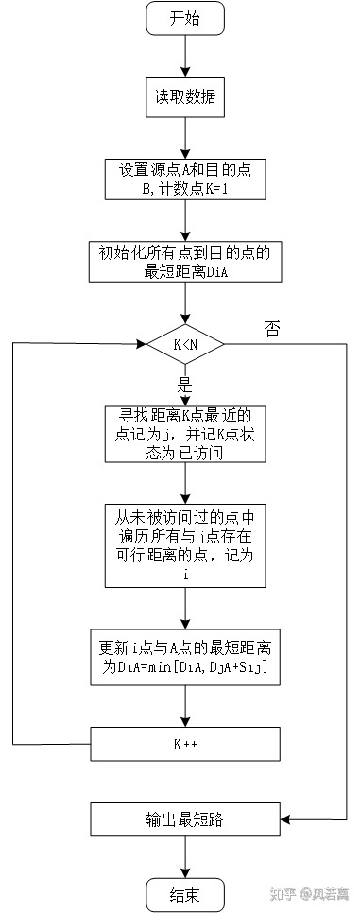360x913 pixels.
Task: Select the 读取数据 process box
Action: (185, 96)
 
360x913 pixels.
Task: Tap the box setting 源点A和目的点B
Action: (185, 177)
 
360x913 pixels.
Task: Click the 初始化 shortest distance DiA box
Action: (185, 261)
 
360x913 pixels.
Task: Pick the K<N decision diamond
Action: (185, 344)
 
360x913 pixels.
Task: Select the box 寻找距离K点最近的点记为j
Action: (185, 435)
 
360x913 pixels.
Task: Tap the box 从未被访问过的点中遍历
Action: (185, 545)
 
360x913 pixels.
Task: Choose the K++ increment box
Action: (185, 743)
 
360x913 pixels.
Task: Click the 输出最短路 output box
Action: (185, 818)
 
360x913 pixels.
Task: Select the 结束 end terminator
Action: (185, 894)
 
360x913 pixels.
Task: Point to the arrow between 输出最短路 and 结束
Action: (185, 856)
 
